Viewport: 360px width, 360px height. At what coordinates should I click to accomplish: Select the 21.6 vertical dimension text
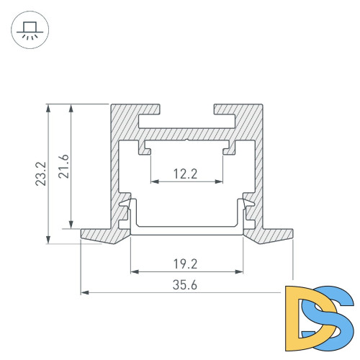(x=63, y=167)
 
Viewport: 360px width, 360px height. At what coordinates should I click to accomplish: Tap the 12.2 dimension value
(x=186, y=173)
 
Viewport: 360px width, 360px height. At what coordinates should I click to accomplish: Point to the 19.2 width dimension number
(x=186, y=263)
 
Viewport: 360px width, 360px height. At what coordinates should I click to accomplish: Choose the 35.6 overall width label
(x=186, y=284)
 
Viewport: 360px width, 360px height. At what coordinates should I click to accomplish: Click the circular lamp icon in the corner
(x=29, y=31)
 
